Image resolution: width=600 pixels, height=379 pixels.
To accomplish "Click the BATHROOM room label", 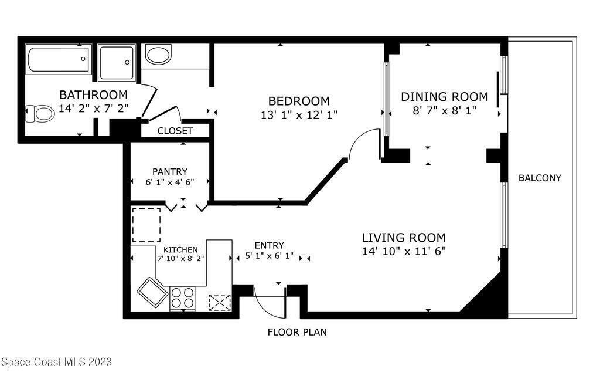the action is click(93, 94).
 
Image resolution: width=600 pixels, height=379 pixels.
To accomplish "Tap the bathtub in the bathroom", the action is click(59, 59).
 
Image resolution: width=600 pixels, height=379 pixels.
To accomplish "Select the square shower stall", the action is click(117, 62).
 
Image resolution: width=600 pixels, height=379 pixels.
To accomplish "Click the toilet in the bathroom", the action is click(40, 113).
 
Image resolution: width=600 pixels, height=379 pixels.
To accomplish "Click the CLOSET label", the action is click(175, 131).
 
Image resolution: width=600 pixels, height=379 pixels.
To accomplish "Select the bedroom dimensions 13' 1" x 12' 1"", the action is click(299, 114).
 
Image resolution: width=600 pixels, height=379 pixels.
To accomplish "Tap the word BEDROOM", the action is click(299, 101).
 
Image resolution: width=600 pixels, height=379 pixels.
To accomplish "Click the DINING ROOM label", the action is click(444, 97).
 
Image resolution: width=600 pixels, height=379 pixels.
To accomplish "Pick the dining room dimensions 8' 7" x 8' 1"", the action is click(444, 110).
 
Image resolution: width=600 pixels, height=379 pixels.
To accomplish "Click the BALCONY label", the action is click(540, 178).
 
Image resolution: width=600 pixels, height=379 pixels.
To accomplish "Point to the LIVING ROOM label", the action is click(404, 238).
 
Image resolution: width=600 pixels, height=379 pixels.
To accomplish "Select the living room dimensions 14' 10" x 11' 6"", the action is click(404, 251).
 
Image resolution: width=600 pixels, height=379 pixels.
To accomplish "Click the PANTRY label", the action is click(170, 171).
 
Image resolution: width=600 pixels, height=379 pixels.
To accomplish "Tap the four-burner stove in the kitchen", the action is click(183, 298).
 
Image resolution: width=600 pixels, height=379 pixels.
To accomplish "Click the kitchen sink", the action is click(152, 292).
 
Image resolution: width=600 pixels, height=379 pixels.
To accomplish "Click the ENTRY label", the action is click(270, 245).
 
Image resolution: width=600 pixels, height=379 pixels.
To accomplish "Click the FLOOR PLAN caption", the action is click(297, 332).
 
